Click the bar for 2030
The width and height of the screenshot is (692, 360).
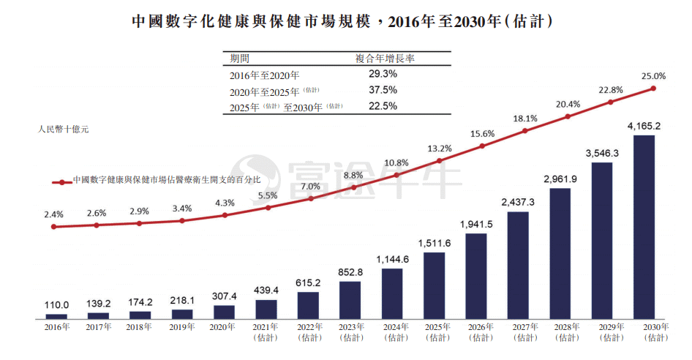pyautogui.click(x=644, y=227)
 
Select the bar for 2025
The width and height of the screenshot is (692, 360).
pyautogui.click(x=434, y=285)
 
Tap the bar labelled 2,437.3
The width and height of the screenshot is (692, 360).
pyautogui.click(x=518, y=265)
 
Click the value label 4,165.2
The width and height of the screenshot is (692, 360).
pyautogui.click(x=644, y=127)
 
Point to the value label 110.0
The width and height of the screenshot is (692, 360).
pyautogui.click(x=56, y=305)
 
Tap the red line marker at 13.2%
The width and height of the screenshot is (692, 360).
pyautogui.click(x=439, y=160)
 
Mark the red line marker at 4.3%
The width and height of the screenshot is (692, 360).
pyautogui.click(x=225, y=215)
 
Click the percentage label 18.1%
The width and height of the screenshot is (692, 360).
pyautogui.click(x=525, y=119)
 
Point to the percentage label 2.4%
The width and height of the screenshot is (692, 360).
pyautogui.click(x=54, y=214)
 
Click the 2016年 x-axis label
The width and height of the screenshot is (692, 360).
pyautogui.click(x=56, y=327)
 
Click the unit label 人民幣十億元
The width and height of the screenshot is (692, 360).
pyautogui.click(x=63, y=130)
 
